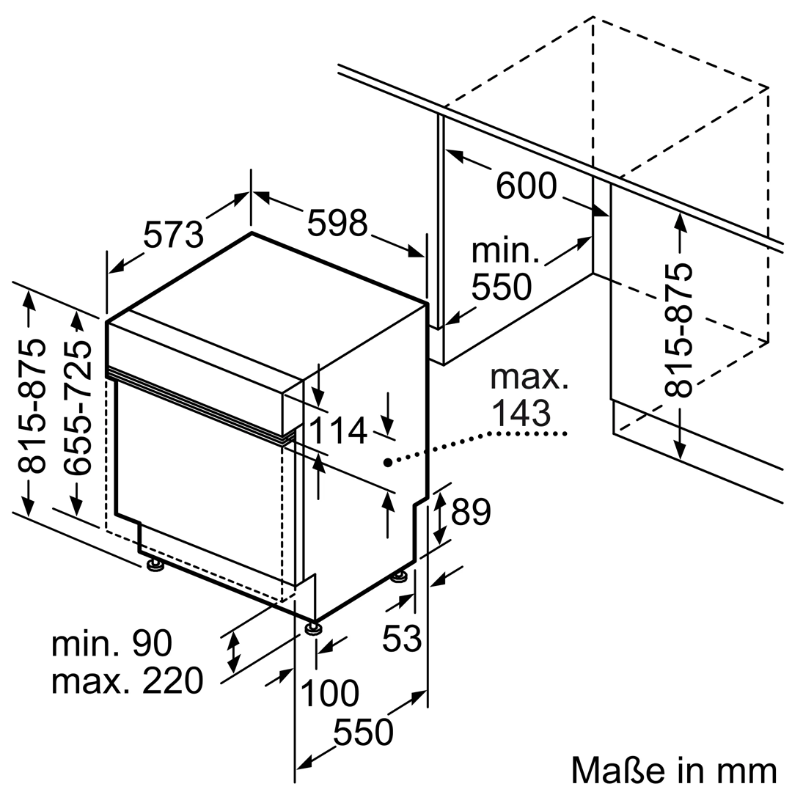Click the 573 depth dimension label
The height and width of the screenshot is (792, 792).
(x=173, y=235)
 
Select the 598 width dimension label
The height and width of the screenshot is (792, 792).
(x=337, y=222)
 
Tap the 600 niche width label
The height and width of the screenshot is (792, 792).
(x=527, y=186)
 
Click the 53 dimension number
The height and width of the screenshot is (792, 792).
(x=402, y=639)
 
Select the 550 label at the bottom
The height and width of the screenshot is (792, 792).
(x=363, y=732)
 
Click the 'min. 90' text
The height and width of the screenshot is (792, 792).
(x=111, y=643)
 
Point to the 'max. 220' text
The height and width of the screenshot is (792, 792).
(x=127, y=681)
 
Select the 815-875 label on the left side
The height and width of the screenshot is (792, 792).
(x=31, y=406)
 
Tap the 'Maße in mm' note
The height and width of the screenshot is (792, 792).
(x=673, y=770)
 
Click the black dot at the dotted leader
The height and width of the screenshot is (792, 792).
(x=387, y=463)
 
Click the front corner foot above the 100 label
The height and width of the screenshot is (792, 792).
(x=314, y=628)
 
